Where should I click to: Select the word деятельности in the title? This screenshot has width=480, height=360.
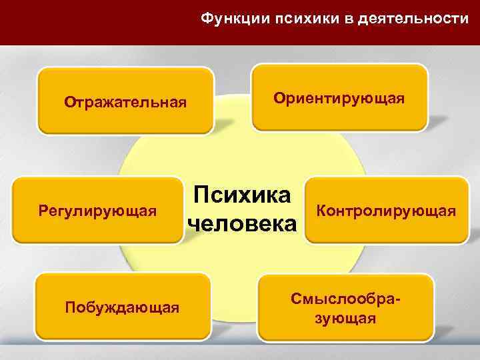point(413,19)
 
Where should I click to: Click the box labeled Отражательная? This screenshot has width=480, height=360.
point(125,102)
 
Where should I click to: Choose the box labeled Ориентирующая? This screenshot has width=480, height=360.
point(339,98)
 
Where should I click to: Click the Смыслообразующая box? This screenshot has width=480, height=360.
point(345,307)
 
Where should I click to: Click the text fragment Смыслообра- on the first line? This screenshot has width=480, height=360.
point(345,299)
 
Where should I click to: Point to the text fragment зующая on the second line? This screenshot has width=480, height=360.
point(345,318)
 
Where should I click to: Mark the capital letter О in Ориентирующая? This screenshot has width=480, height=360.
point(279,98)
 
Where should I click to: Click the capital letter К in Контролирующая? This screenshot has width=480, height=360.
point(321,211)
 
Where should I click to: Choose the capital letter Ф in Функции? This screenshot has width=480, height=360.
point(207,19)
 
